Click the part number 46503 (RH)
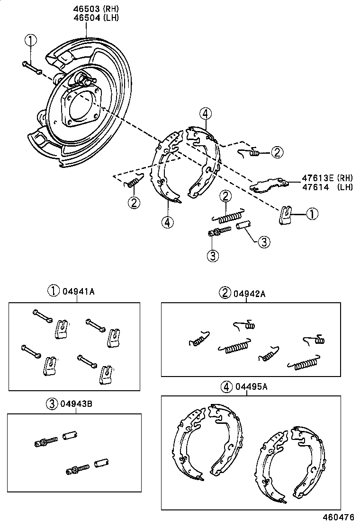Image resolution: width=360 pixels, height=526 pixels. [96, 9]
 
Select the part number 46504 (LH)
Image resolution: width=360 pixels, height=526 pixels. [96, 18]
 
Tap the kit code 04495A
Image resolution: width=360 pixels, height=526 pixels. [252, 386]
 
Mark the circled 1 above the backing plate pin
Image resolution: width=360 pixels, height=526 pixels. [30, 41]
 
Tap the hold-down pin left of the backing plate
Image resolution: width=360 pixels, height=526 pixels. [31, 67]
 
